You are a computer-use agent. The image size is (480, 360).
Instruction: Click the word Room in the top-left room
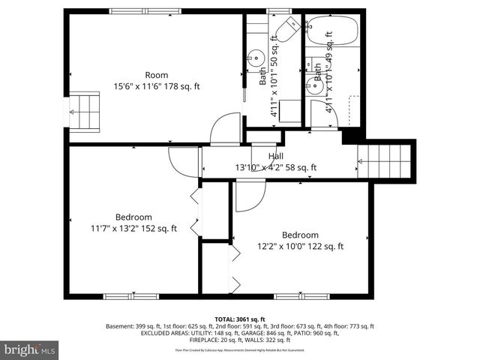pos(156,75)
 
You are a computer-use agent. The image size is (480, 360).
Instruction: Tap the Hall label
pos(275,156)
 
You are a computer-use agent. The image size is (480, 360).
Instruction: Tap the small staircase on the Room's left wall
pos(83,111)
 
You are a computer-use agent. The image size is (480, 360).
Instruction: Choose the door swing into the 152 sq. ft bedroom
pos(182,161)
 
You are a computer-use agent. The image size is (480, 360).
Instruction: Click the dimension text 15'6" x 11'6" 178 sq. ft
pos(156,86)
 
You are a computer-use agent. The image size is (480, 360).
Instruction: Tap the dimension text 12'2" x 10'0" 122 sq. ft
pos(300,247)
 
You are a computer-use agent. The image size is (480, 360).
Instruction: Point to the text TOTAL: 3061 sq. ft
pos(240,319)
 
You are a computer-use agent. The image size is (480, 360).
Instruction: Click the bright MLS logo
pos(30,349)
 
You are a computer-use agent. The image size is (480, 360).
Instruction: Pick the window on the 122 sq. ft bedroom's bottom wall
pos(301,296)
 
